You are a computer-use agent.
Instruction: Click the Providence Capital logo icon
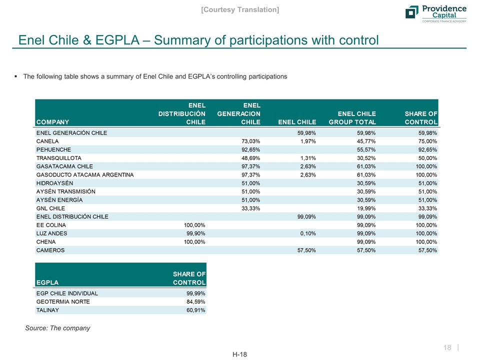coord(411,12)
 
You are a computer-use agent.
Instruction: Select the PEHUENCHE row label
coord(53,149)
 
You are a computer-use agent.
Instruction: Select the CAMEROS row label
coord(50,250)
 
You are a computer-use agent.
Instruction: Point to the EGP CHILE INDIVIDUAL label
coord(67,293)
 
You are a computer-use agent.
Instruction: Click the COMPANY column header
coord(52,121)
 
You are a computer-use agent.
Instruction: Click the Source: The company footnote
coord(57,328)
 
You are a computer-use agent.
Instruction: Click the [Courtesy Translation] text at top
coord(239,9)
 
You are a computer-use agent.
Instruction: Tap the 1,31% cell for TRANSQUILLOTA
coord(306,157)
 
